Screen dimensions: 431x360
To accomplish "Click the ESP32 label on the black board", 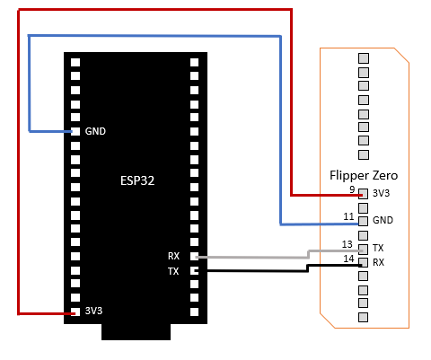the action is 137,180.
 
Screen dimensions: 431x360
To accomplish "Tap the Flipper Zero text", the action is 364,175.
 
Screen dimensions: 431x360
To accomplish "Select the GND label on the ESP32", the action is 95,131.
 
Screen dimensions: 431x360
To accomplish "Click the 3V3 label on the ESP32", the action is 93,311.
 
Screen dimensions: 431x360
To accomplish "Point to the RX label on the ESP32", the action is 173,256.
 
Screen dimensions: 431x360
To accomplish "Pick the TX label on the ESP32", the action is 173,271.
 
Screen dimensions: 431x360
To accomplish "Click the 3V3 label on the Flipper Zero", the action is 381,193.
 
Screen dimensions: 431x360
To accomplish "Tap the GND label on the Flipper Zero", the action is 383,220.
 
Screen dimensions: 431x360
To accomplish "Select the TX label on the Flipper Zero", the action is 378,248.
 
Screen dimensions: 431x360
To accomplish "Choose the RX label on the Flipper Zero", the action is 378,262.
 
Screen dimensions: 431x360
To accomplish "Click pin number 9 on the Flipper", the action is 352,189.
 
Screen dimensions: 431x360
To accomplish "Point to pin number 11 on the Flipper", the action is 348,216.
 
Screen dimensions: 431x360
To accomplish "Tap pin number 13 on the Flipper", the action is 347,244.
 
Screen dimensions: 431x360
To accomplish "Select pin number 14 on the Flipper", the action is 348,259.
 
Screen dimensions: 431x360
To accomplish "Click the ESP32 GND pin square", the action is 75,131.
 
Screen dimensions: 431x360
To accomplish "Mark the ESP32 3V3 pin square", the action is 75,312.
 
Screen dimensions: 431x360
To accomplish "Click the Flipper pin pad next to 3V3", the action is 364,194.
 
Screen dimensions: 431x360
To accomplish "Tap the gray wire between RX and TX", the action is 308,254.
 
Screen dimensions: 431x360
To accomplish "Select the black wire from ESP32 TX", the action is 308,268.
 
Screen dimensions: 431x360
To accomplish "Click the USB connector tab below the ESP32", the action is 136,332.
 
